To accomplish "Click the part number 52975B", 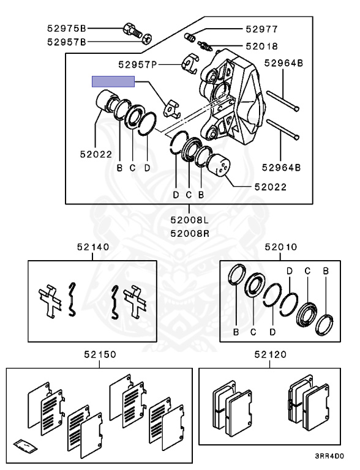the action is (67, 29).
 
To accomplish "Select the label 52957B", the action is (67, 42).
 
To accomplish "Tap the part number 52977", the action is (261, 29).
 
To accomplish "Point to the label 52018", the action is (261, 46).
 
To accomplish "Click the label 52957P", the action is (138, 64).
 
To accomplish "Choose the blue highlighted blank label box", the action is (113, 81).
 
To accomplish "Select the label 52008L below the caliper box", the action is (189, 220).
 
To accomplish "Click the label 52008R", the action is (189, 233).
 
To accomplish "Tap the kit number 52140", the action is (93, 247).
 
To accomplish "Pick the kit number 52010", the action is (281, 247).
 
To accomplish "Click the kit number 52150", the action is (100, 354).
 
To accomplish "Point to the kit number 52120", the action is (270, 354).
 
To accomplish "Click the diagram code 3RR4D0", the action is (329, 456).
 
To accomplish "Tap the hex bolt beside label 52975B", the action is (132, 30).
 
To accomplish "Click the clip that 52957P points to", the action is (189, 63).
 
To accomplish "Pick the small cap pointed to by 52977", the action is (190, 37).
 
